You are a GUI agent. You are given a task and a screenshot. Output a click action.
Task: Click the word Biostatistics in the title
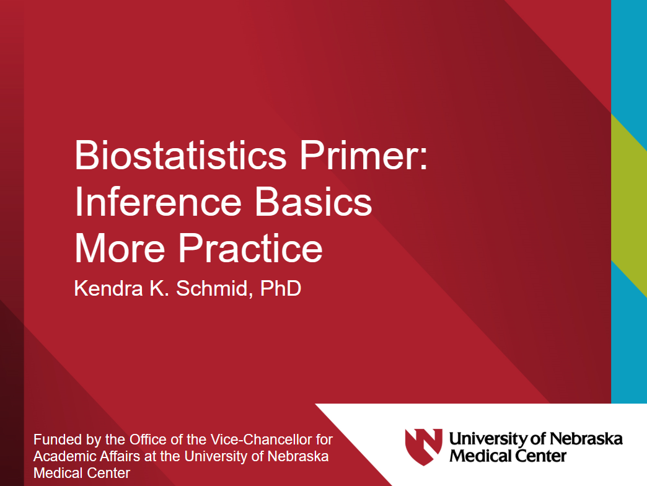(x=180, y=155)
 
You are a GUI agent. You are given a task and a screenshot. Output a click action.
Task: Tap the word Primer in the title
(x=359, y=155)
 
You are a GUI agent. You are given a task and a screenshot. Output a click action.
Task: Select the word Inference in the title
(x=157, y=201)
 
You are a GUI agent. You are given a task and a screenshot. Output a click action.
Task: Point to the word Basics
(x=314, y=201)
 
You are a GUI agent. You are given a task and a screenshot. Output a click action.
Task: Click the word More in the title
(x=120, y=248)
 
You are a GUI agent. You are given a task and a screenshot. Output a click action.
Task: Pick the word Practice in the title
(x=250, y=248)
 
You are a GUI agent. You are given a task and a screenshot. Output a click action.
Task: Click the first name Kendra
(x=108, y=288)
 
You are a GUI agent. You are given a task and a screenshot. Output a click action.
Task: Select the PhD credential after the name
(x=281, y=288)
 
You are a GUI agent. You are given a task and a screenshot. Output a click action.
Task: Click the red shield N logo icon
(x=423, y=446)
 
